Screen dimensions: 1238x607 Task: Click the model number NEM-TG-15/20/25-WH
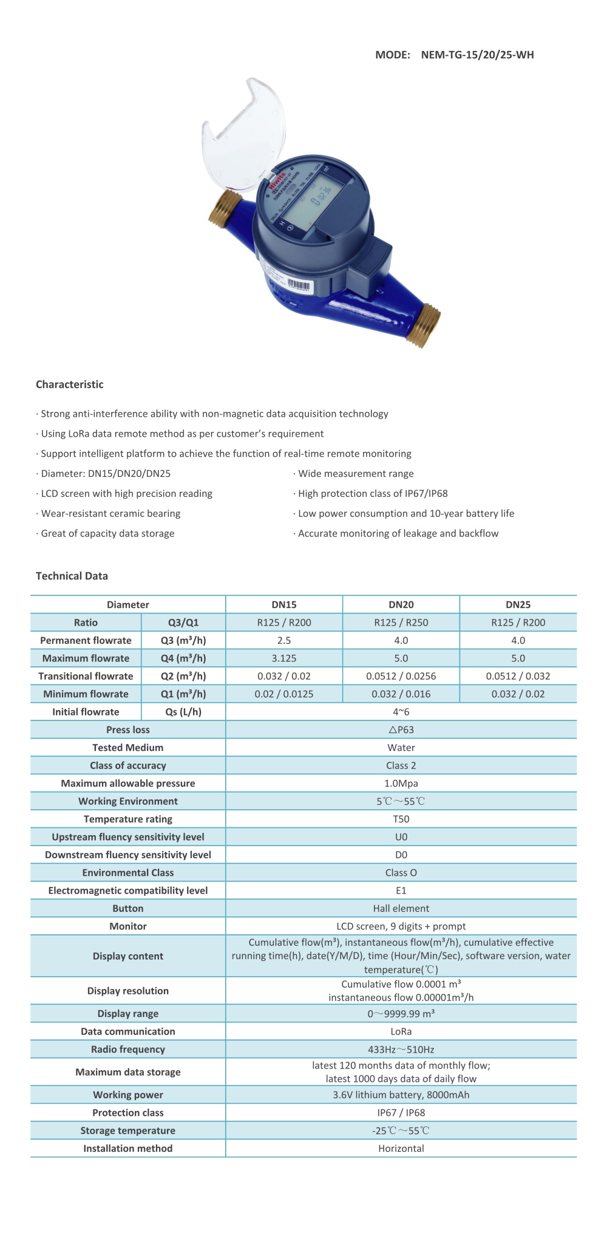[477, 55]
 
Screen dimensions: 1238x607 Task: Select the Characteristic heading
[70, 385]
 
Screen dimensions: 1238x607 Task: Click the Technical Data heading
[72, 576]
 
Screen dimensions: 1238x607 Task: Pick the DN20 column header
[401, 604]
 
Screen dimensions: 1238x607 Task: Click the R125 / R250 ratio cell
[401, 623]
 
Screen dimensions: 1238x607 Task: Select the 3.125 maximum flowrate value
[284, 658]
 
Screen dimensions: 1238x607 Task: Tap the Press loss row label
[128, 730]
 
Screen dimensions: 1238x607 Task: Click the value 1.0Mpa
[401, 784]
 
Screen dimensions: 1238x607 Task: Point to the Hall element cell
[401, 909]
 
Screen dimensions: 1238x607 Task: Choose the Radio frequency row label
[128, 1050]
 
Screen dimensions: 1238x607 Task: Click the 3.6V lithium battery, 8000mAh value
[401, 1095]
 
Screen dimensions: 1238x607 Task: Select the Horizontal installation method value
[401, 1149]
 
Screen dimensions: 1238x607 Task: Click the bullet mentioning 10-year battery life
[406, 513]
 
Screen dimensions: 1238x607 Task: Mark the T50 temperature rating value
[401, 819]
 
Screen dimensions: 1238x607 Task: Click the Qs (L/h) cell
[183, 712]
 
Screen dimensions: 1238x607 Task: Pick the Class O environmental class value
[401, 873]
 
